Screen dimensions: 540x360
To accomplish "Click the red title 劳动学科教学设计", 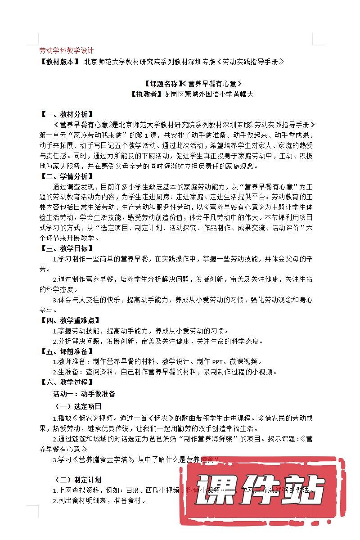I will pyautogui.click(x=66, y=50).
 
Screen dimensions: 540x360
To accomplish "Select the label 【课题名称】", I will pyautogui.click(x=161, y=83).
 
